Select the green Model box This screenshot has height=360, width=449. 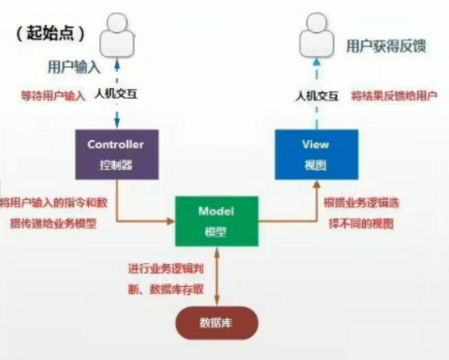(216, 221)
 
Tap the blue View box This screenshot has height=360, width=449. (316, 154)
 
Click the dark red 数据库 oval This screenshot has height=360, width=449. (216, 324)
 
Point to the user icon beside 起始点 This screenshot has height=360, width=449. (116, 34)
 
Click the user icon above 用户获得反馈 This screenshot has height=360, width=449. (316, 34)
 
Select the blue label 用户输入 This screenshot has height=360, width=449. (74, 67)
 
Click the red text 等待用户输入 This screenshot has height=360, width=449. (53, 96)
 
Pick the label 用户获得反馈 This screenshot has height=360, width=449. (386, 47)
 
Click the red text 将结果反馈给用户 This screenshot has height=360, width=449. (394, 96)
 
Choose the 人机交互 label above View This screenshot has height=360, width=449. (316, 96)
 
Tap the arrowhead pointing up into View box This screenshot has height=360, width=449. (316, 184)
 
